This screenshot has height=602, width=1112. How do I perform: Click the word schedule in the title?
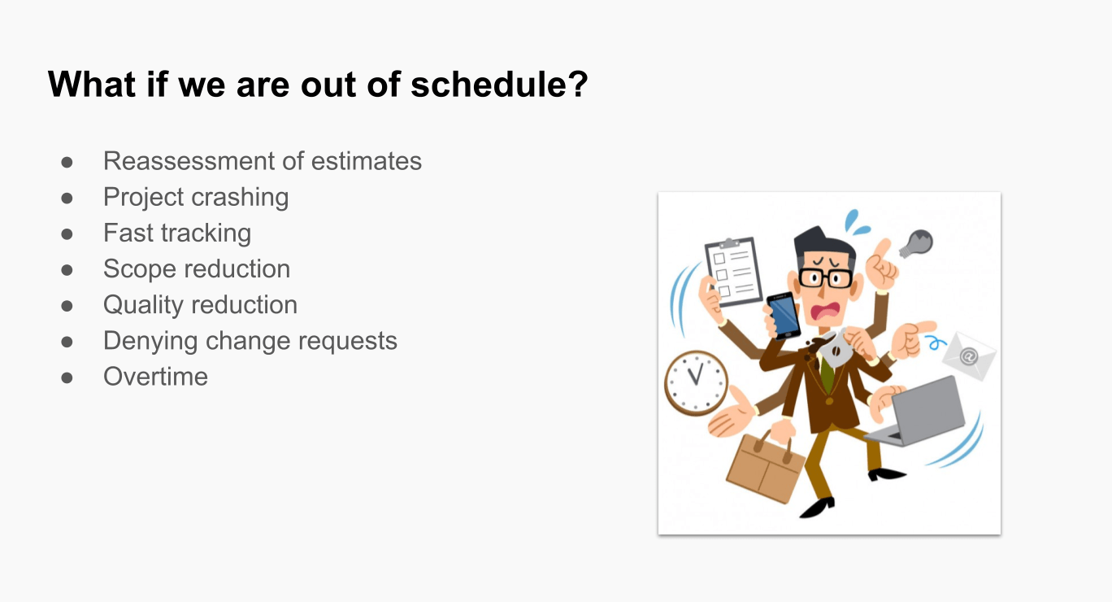click(x=499, y=84)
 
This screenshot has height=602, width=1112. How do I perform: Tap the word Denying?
click(x=150, y=342)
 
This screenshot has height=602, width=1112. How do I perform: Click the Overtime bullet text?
click(x=155, y=377)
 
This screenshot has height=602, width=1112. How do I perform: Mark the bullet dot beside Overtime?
click(x=67, y=377)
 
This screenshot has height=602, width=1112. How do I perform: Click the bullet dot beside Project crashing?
click(x=67, y=198)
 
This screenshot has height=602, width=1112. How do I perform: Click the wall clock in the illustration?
click(x=696, y=382)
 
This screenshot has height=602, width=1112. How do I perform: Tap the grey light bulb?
click(x=916, y=243)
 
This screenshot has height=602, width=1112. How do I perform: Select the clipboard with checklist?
click(x=734, y=272)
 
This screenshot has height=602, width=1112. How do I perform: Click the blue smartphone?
click(x=784, y=316)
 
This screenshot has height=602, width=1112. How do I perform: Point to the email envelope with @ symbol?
click(x=969, y=356)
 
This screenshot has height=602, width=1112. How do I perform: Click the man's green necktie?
click(x=827, y=373)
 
